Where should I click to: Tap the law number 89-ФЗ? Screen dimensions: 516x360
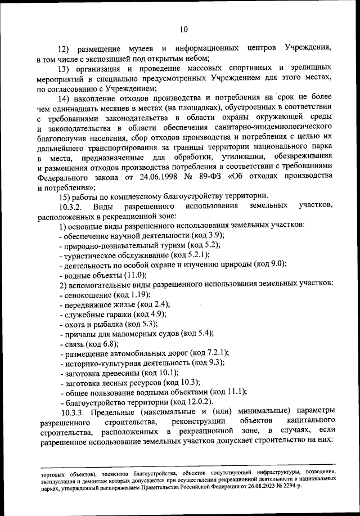coord(212,176)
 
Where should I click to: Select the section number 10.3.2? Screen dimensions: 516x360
coord(73,205)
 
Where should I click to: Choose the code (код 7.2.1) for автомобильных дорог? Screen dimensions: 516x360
coord(209,353)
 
